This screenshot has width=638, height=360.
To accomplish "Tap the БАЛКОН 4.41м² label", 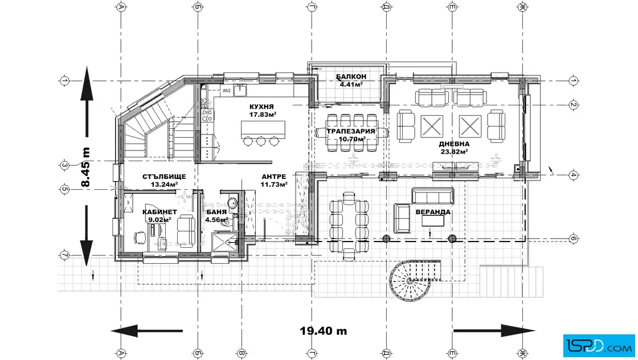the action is (x=351, y=80).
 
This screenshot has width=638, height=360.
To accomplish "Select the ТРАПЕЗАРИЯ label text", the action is (x=351, y=132).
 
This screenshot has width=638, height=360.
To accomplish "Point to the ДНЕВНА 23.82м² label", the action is (x=454, y=148).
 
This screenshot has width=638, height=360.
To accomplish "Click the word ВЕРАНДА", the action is (x=433, y=212).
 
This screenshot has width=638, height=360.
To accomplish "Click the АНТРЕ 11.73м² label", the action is (x=274, y=180).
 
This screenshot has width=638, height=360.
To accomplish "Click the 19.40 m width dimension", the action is (x=324, y=331).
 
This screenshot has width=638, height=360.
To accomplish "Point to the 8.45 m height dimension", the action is (x=85, y=167).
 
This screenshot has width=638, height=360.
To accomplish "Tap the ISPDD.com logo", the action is (x=599, y=346).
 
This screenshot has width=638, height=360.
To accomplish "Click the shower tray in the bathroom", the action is (x=225, y=243).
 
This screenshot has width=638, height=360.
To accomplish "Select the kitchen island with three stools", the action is (x=263, y=133).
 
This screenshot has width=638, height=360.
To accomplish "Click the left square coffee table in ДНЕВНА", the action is (x=432, y=126).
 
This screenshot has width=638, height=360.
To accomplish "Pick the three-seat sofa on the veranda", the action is (x=433, y=196).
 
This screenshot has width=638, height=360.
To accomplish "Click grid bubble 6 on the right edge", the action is (x=573, y=238).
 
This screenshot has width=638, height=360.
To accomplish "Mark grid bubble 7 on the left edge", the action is (x=64, y=255).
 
